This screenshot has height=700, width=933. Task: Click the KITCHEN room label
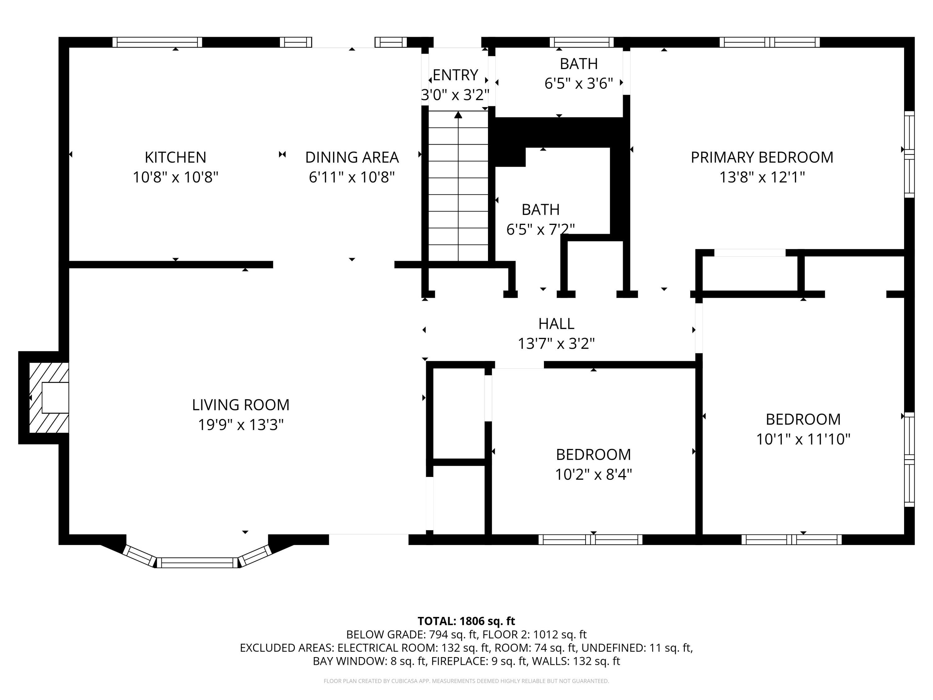point(175,157)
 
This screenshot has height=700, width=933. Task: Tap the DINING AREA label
point(352,157)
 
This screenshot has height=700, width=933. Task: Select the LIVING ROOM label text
point(240,405)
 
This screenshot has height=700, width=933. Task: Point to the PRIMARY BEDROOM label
point(762,157)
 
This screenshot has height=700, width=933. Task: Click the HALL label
point(556,324)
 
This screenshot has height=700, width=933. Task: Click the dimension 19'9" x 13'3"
point(241,424)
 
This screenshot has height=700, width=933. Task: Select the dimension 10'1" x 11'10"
point(803,439)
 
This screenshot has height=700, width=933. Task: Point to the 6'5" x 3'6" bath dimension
point(579,84)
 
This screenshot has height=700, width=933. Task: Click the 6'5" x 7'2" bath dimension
point(540,229)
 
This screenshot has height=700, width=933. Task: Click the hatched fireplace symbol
point(49,398)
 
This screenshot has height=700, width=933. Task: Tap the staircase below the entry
point(458,186)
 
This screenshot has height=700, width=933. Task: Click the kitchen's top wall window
point(157,42)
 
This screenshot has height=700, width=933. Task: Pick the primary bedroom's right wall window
point(909,154)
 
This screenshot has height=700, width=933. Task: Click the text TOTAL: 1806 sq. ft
point(466,621)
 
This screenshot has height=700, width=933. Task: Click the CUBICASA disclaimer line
point(466,681)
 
